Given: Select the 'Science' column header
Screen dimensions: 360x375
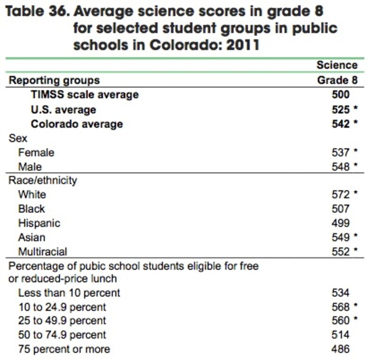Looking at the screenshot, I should tap(337, 65).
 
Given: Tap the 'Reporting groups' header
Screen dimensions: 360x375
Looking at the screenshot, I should tap(54, 80).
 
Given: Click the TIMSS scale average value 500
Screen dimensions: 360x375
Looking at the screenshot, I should tap(340, 95).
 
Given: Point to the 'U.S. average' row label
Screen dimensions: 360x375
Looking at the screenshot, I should tap(63, 110).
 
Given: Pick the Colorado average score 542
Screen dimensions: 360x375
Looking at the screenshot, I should tap(340, 124).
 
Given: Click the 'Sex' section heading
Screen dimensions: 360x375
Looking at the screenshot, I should tap(18, 138).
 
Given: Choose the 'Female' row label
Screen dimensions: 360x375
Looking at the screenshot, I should tap(36, 152).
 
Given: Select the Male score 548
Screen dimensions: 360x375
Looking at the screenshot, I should tap(340, 167).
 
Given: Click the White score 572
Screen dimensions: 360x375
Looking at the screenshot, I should tap(340, 194).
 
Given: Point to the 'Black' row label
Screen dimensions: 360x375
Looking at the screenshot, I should tap(31, 208).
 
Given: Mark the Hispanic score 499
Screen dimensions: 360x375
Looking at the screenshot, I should tap(340, 223).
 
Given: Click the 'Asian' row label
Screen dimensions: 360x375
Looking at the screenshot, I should tap(32, 237).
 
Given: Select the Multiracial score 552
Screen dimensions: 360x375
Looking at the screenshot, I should tap(340, 251).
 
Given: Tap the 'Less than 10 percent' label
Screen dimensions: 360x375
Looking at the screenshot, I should tap(69, 293).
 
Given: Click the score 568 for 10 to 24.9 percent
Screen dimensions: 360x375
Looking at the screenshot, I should tap(340, 307).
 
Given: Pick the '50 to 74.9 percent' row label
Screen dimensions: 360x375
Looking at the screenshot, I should tap(62, 335).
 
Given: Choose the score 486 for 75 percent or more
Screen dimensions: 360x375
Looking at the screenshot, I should tap(340, 349).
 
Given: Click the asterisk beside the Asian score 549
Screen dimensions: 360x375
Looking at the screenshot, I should tap(356, 236).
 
